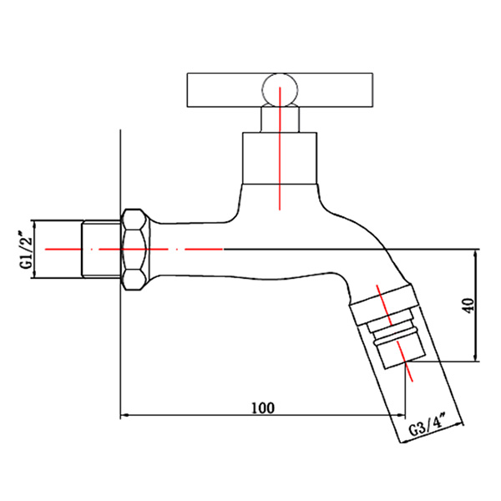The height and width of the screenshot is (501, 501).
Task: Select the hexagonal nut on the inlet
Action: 134,249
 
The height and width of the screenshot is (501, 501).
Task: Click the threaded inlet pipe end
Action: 101,249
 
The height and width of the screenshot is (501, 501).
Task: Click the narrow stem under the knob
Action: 279,118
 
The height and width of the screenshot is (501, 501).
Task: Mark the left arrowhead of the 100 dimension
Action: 126,413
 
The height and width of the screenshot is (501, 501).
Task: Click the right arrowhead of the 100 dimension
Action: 402,413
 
